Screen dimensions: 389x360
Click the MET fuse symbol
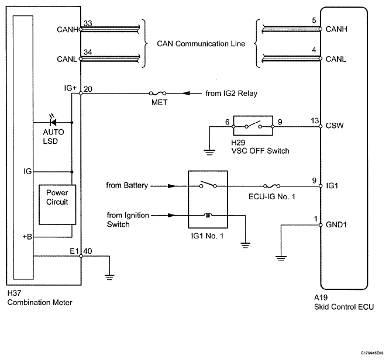coord(157,94)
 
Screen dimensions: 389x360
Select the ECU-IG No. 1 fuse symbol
coord(271,186)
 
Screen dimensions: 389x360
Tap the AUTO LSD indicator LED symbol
coord(53,122)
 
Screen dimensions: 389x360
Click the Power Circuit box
coord(57,205)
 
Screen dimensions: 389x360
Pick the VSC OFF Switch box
coord(253,126)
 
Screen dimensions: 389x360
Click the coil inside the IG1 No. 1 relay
coord(208,215)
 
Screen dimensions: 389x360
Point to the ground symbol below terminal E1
coord(109,277)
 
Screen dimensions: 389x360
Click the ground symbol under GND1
coord(281,258)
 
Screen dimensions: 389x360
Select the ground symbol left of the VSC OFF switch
coord(209,152)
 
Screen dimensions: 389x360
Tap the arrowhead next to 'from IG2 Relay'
coord(186,94)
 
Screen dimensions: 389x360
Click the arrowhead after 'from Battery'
coord(171,186)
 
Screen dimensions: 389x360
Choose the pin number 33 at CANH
coord(88,23)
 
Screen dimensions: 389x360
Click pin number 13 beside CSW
coord(315,121)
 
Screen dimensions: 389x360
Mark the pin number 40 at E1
coord(88,251)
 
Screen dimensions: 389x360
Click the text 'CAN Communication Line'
coord(201,44)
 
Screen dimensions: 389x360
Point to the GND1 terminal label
coord(336,224)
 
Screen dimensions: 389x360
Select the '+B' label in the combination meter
coord(27,237)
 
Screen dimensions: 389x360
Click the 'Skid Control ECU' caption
coord(344,307)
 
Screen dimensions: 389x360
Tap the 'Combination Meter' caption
coord(40,303)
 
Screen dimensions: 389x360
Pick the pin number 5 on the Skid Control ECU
coord(314,20)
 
